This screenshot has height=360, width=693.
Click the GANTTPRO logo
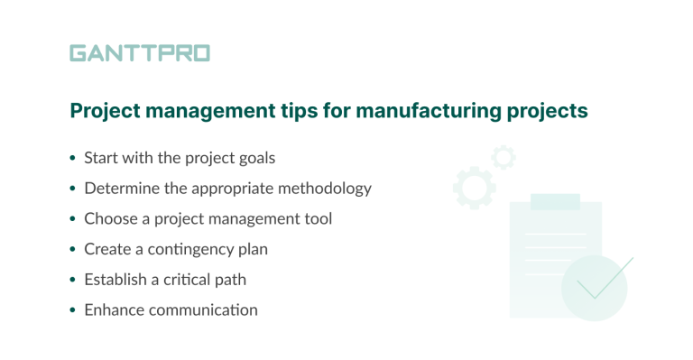[x=139, y=53]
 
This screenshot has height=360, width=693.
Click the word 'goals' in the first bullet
[x=255, y=158]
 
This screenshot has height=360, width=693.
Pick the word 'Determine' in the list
[x=121, y=189]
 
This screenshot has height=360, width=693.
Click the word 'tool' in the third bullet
[x=319, y=218]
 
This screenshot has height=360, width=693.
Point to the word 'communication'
[x=204, y=310]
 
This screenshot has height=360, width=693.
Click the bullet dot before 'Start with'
[x=73, y=159]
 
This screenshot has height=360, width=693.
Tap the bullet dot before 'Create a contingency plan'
[x=73, y=250]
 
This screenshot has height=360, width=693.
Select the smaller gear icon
[x=504, y=157]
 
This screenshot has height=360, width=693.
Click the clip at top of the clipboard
[x=555, y=202]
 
